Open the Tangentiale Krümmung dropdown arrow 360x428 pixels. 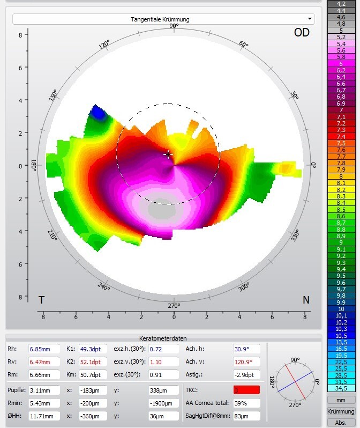310,19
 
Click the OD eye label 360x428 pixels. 302,33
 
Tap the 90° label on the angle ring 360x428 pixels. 174,26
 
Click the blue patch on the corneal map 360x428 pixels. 97,113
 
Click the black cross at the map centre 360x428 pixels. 168,154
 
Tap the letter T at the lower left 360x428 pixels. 41,300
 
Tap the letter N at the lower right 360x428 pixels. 306,300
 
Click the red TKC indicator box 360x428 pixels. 246,390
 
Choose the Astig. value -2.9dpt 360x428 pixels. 246,375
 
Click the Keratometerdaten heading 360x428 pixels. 163,338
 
